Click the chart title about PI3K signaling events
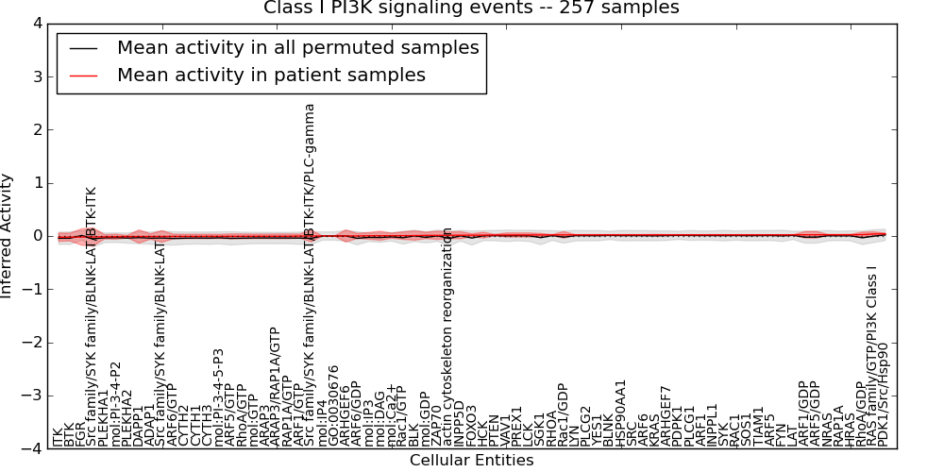[471, 8]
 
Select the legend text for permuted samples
[297, 47]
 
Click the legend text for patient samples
[271, 75]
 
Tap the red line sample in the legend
[82, 76]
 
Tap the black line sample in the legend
[82, 48]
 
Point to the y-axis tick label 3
[35, 76]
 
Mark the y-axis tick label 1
[35, 183]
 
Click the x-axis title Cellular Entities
[471, 461]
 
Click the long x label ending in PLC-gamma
[310, 274]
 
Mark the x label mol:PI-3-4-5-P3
[218, 396]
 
